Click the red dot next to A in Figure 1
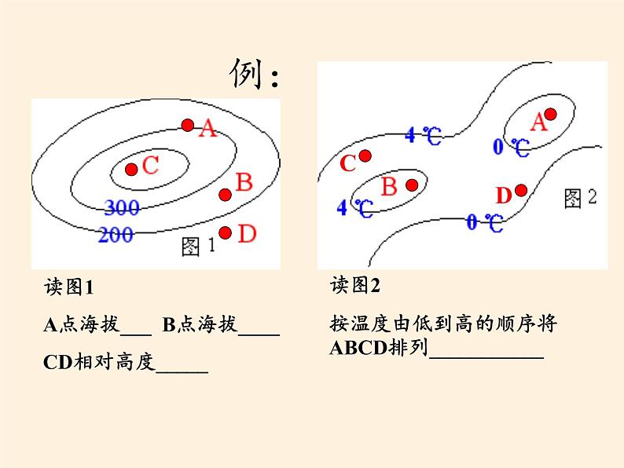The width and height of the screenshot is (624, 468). pos(187,125)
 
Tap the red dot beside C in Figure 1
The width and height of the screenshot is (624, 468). pos(131,169)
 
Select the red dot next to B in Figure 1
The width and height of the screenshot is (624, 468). pos(225,195)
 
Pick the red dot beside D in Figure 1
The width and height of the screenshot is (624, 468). pos(226,232)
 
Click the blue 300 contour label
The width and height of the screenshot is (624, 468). pos(121,208)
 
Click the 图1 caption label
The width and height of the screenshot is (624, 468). pos(196,247)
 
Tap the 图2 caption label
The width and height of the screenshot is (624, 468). pos(581,199)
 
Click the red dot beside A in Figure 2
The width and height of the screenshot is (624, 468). pos(551,115)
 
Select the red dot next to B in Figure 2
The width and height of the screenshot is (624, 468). pos(411,185)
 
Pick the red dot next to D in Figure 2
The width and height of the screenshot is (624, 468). pos(520,190)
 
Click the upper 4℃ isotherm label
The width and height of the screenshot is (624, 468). pos(424,136)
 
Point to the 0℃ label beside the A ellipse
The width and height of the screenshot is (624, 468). pos(511,146)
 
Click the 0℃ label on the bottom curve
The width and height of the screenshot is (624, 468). pos(485,222)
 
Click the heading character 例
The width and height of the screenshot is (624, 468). pos(245,75)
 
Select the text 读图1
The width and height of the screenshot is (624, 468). pos(69,288)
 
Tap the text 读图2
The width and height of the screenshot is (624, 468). pos(355,285)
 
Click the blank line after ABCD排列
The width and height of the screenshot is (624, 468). pos(486,352)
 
